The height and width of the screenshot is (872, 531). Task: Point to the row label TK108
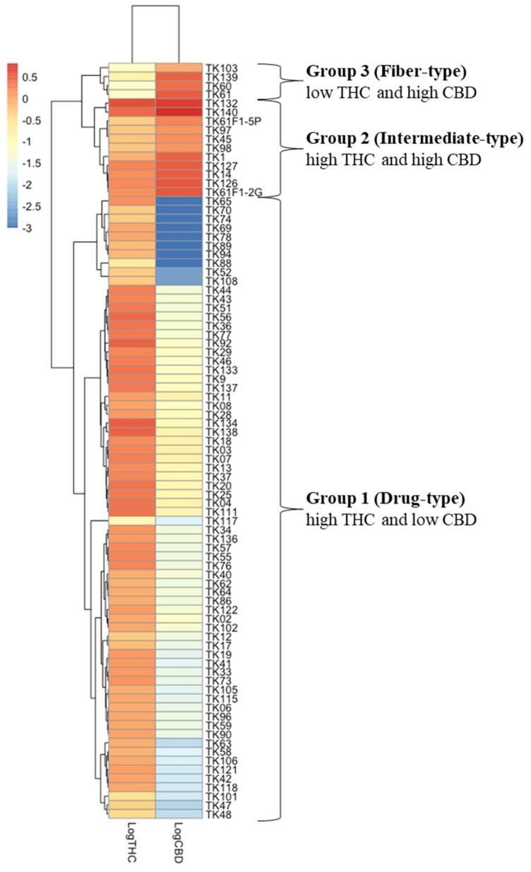217,282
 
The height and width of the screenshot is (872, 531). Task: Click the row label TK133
217,371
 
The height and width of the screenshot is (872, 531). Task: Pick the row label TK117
217,522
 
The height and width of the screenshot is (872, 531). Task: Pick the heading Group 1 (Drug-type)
385,498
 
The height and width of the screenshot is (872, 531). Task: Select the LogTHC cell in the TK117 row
131,521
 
